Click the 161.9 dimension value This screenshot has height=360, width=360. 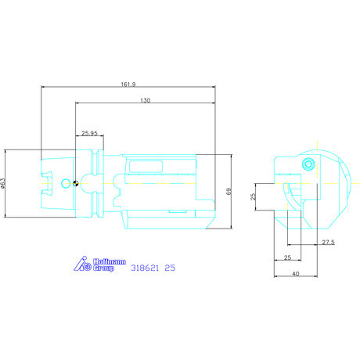pos(128,85)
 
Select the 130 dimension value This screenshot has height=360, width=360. pos(146,100)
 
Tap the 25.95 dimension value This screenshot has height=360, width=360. pos(89,133)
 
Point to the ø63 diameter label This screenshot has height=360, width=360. pos(3,183)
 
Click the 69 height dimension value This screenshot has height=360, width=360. pos(229,192)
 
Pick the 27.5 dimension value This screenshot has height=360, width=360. pos(328,242)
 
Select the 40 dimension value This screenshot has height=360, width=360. pos(296,274)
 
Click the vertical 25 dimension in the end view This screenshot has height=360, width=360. pos(253,196)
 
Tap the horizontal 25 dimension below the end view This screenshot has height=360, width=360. pos(287,257)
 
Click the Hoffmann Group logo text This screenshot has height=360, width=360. pos(110,265)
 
